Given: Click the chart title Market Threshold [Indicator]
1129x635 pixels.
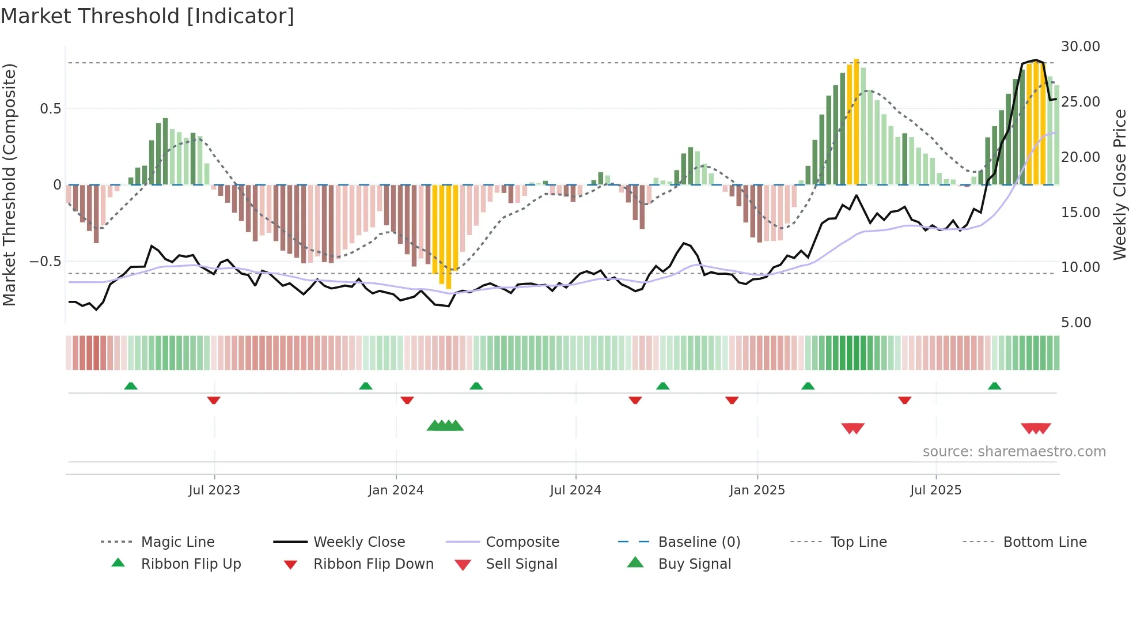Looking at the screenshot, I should click(147, 16).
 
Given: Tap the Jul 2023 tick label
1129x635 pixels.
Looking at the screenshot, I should click(214, 490).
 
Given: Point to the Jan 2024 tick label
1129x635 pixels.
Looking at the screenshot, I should click(396, 490).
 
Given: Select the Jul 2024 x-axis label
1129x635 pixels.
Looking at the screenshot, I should click(575, 490).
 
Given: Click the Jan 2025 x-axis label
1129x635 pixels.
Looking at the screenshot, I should click(757, 490).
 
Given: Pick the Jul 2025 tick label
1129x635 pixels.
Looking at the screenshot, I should click(936, 490).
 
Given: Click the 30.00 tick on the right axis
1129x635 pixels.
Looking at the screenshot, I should click(1080, 47).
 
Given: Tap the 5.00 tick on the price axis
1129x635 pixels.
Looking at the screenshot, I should click(1076, 323).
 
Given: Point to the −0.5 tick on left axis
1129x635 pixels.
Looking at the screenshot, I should click(45, 262).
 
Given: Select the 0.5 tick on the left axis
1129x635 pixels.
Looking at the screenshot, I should click(50, 109).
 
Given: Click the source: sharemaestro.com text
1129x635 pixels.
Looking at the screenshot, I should click(1014, 452).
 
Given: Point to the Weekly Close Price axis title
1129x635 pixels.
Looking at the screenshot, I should click(1119, 184).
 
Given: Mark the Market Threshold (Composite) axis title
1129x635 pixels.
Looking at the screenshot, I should click(9, 184).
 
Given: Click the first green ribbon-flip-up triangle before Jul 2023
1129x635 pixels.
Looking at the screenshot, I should click(131, 386).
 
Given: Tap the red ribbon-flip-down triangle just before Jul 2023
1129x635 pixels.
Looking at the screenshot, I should click(214, 400).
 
